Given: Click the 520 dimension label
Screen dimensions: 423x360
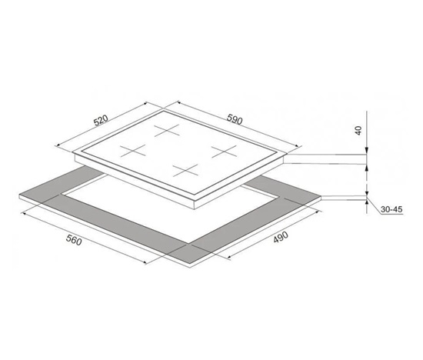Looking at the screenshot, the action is [x=101, y=121].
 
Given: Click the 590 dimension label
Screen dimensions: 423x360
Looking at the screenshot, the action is [x=235, y=119].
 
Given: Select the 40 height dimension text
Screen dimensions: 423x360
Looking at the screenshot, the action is [x=358, y=131].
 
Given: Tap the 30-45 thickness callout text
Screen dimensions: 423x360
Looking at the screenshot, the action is [x=391, y=209].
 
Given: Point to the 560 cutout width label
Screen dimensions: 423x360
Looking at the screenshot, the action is [x=74, y=240].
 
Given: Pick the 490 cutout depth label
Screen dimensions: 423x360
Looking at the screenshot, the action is [x=281, y=237].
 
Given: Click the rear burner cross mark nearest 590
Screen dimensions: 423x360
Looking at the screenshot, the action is [x=167, y=130].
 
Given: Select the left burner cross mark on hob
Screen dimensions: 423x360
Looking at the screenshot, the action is [x=133, y=151].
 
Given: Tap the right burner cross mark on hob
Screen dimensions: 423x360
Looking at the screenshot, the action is [x=224, y=152].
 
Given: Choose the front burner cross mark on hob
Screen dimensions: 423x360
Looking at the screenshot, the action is [x=186, y=170].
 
